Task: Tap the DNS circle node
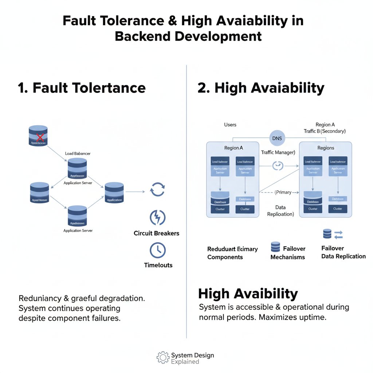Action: pos(277,138)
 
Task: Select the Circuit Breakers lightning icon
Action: pos(157,217)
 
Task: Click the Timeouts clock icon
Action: pos(157,251)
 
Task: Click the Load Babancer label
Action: pos(78,154)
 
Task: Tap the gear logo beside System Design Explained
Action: pos(163,357)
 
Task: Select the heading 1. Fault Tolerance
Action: pos(82,88)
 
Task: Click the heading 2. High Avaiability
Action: pos(261,88)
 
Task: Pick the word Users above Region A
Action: pos(230,125)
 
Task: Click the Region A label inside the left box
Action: pos(233,148)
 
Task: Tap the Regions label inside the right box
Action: pos(326,148)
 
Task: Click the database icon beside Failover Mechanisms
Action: pos(275,247)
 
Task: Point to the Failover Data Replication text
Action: pos(343,252)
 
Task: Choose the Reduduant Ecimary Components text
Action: pos(232,253)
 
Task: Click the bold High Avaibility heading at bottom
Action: pos(248,294)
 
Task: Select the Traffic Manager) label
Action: pos(278,152)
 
